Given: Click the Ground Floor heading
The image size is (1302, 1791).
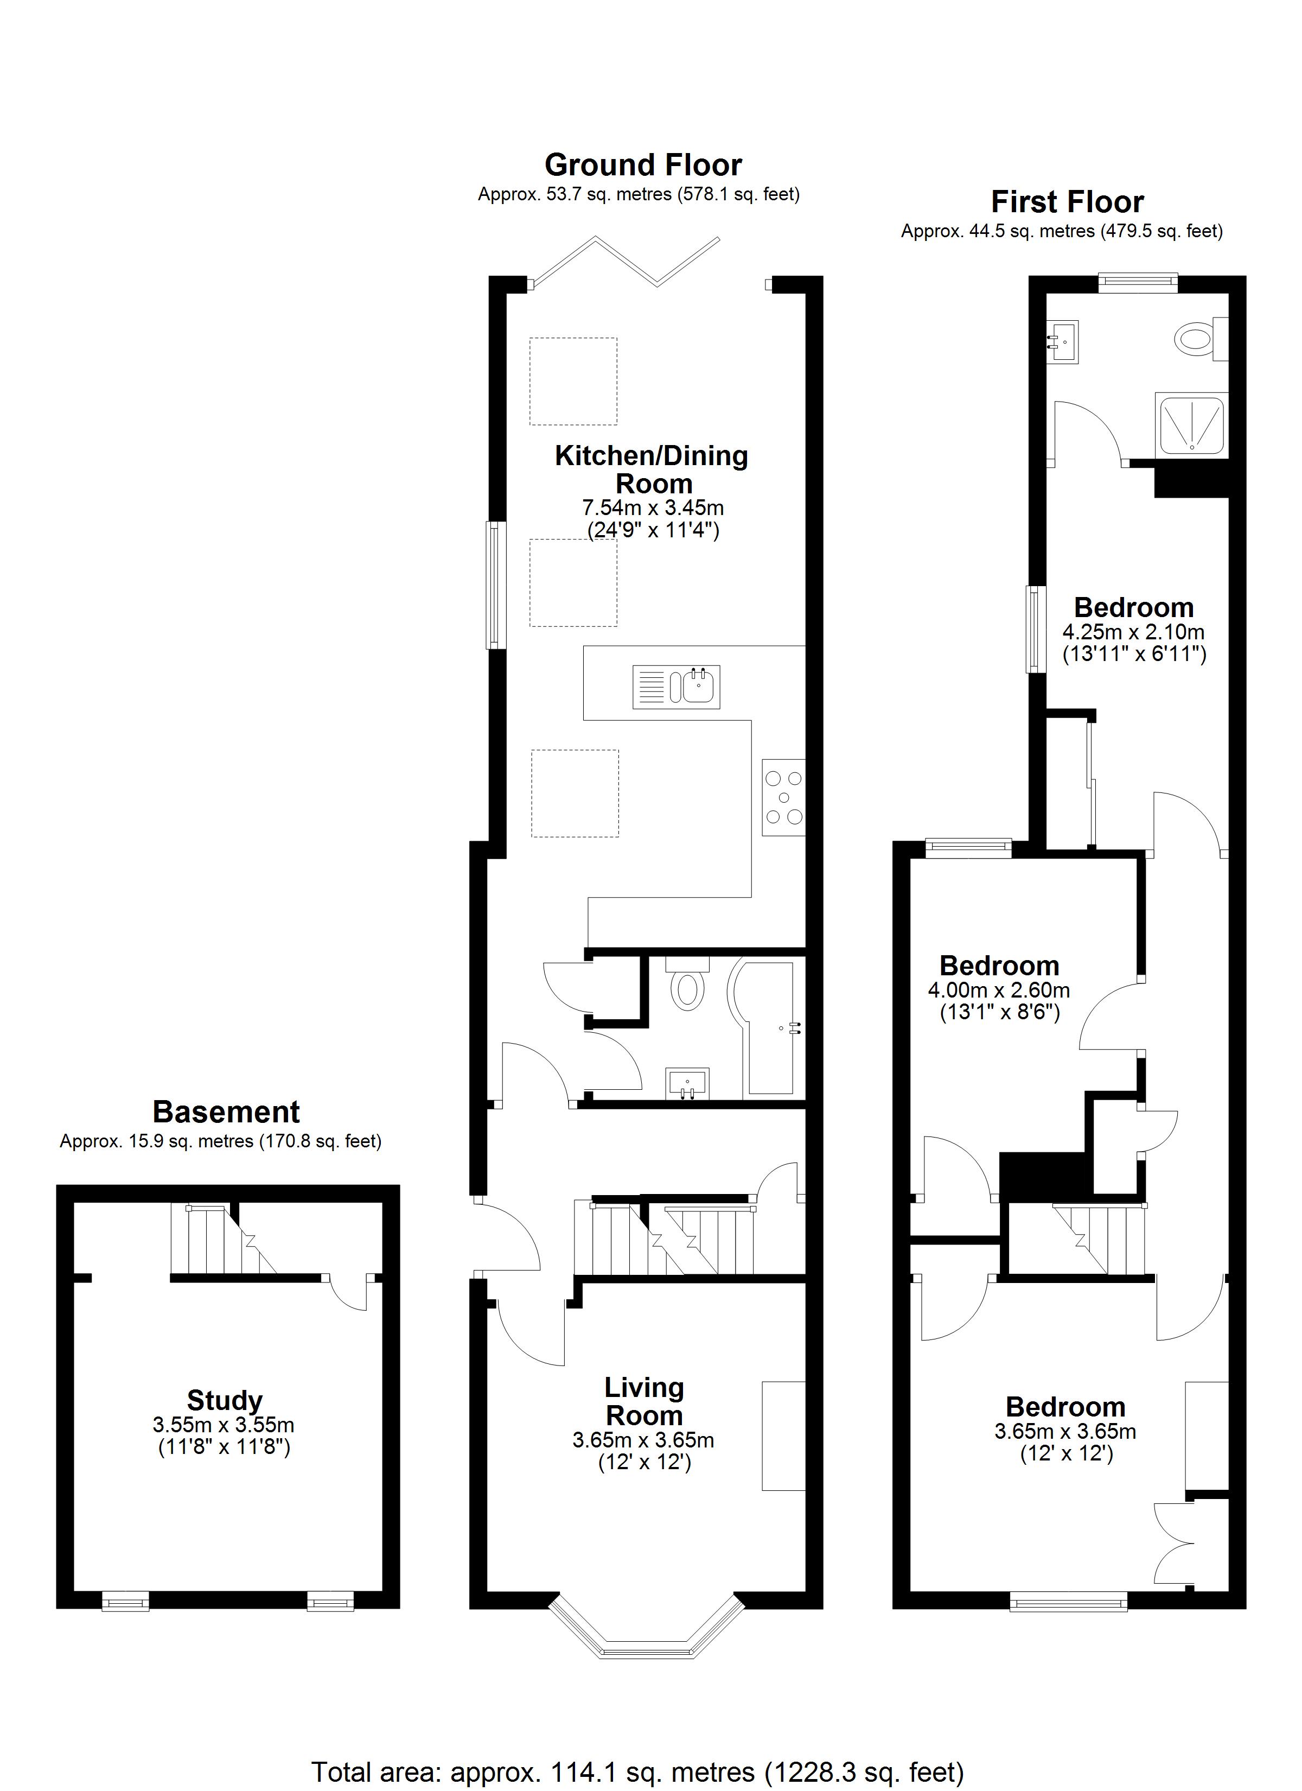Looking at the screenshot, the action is click(x=643, y=165).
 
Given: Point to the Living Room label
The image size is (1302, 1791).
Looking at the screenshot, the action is click(x=644, y=1401).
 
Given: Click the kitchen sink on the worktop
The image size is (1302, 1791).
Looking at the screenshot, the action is click(x=676, y=686).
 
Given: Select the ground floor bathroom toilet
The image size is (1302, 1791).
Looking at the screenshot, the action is click(x=688, y=983).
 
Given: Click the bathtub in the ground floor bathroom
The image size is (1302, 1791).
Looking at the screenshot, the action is click(x=768, y=1027).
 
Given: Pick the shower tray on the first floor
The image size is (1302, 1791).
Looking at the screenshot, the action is click(x=1191, y=425).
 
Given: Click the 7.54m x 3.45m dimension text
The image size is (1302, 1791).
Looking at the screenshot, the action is click(x=653, y=507).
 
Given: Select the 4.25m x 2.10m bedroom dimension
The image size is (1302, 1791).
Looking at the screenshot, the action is click(x=1134, y=632).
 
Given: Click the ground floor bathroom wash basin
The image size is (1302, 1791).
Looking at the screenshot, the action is click(x=688, y=1083).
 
